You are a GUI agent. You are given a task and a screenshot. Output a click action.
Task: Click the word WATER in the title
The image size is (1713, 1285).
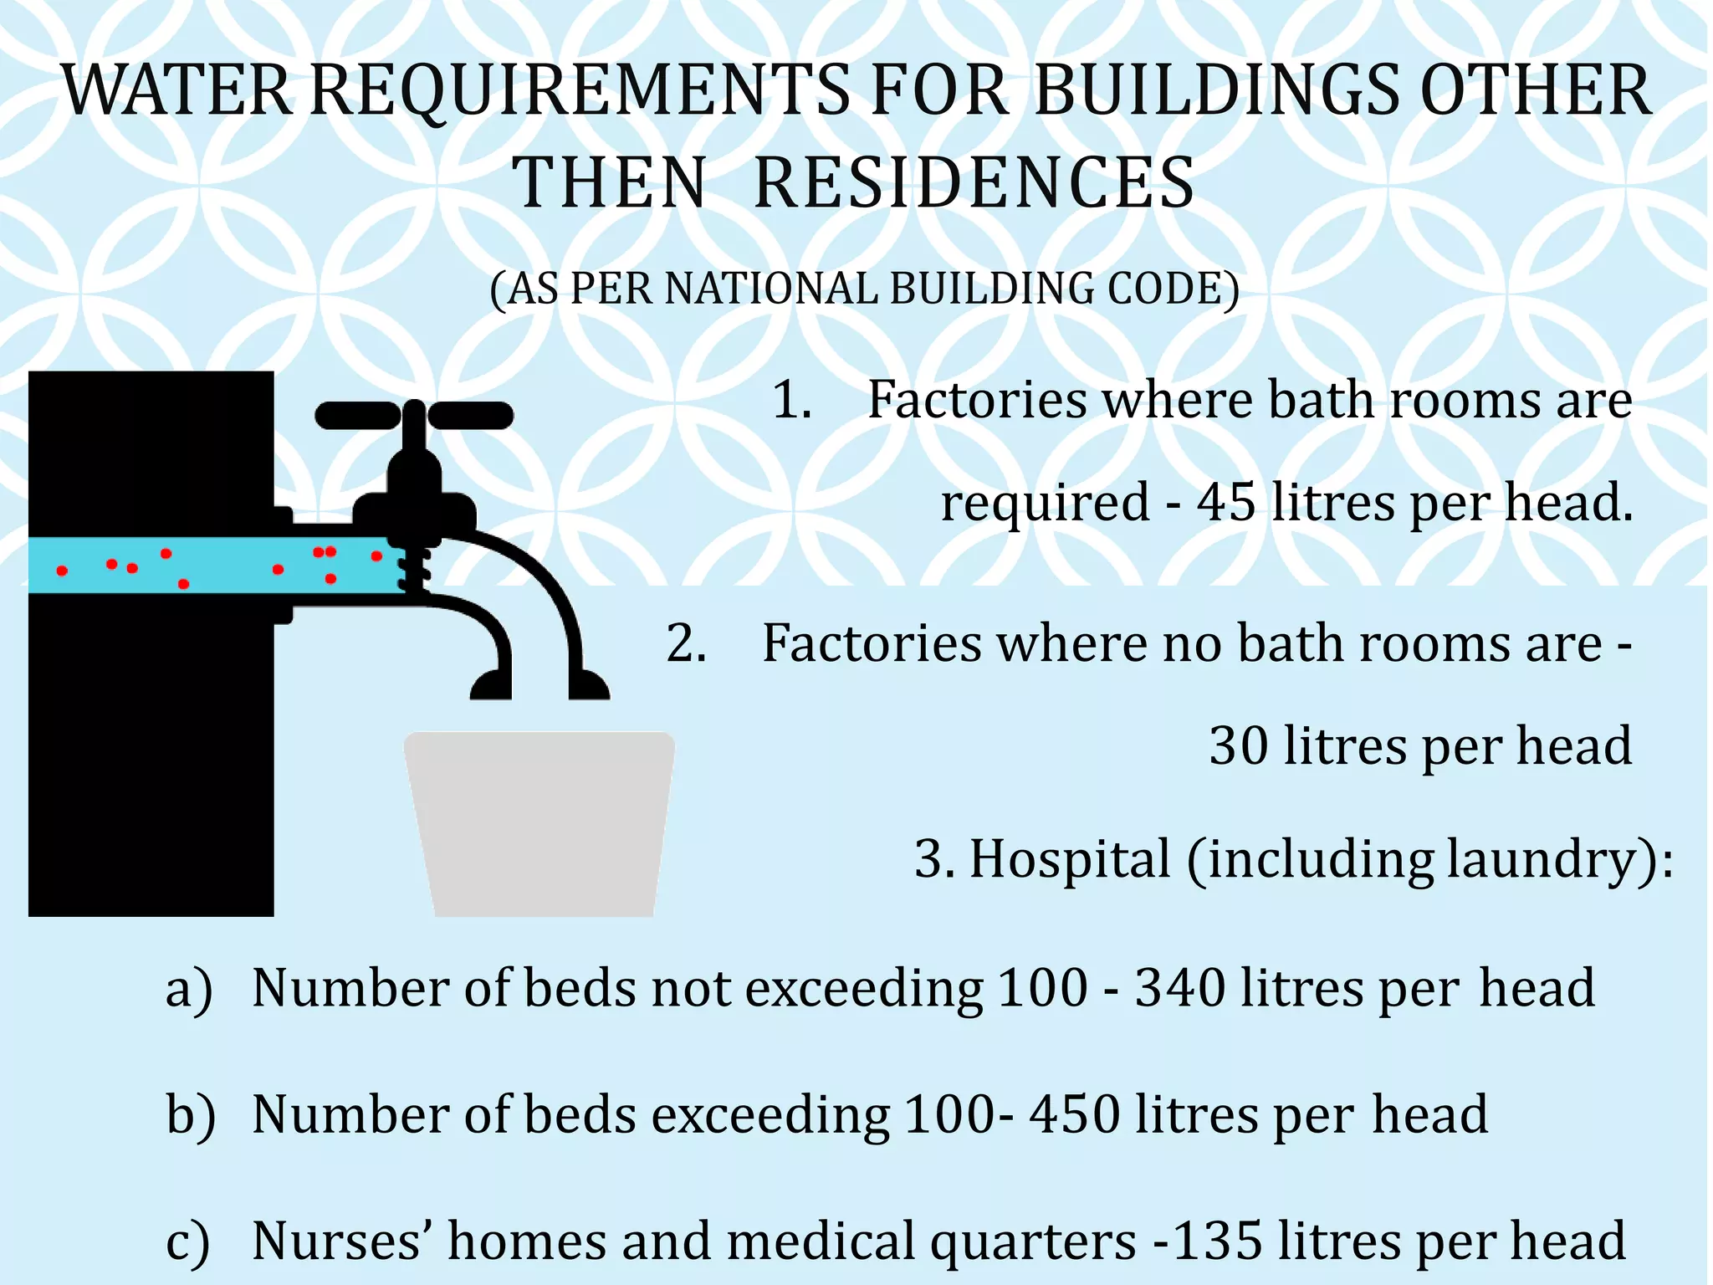[x=177, y=90]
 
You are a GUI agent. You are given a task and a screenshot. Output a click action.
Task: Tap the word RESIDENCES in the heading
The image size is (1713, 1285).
[x=974, y=183]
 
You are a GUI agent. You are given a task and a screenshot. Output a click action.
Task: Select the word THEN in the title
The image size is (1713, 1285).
[x=610, y=183]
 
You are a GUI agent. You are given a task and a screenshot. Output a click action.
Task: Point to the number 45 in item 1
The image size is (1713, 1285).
[x=1226, y=503]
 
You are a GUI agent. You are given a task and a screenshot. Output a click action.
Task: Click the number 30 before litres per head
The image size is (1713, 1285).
[x=1239, y=745]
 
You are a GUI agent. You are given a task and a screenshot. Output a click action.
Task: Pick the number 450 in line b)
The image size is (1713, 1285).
[x=1074, y=1114]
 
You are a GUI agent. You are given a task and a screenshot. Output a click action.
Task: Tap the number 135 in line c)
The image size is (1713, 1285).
[x=1218, y=1241]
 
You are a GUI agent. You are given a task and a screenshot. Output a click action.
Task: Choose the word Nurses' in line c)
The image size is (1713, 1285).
[x=341, y=1241]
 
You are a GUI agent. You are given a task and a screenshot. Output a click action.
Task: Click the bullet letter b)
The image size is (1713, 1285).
[x=191, y=1115]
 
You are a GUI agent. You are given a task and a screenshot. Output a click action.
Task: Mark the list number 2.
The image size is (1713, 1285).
[x=687, y=644]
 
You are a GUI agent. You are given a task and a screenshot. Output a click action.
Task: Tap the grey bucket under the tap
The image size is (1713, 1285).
[x=540, y=823]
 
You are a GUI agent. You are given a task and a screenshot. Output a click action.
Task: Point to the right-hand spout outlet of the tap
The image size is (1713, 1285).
[x=589, y=686]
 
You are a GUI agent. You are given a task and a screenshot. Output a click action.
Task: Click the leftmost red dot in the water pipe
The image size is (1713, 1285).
[x=62, y=571]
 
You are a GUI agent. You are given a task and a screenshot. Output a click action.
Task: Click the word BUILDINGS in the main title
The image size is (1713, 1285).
[x=1217, y=90]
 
